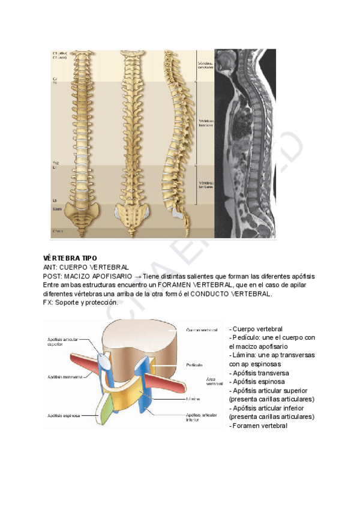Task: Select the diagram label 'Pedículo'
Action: pyautogui.click(x=194, y=364)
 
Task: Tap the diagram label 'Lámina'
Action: pyautogui.click(x=193, y=398)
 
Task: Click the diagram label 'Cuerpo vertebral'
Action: pyautogui.click(x=202, y=330)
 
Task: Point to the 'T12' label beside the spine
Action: pyautogui.click(x=56, y=163)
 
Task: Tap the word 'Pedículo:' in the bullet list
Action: pyautogui.click(x=247, y=337)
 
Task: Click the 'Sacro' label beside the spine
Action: pyautogui.click(x=57, y=209)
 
